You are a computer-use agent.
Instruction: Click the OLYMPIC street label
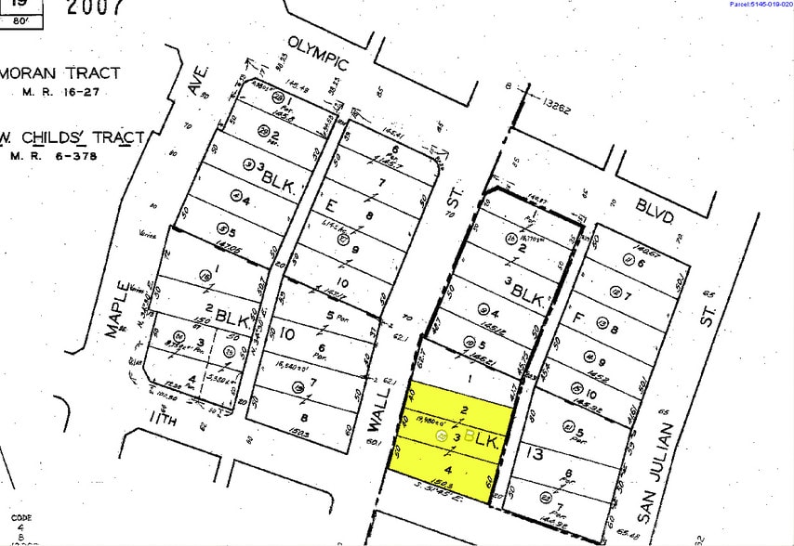317,54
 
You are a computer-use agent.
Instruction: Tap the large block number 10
285,331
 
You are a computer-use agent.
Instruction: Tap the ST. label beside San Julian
708,309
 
